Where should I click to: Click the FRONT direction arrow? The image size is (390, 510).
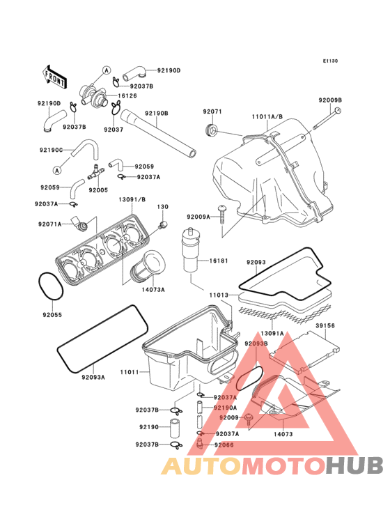pyautogui.click(x=55, y=76)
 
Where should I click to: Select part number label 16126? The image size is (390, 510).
pyautogui.click(x=127, y=96)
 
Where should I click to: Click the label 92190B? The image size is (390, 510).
pyautogui.click(x=156, y=113)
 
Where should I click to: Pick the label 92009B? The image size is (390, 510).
pyautogui.click(x=330, y=100)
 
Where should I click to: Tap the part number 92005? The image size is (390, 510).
pyautogui.click(x=97, y=190)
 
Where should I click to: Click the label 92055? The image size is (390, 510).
pyautogui.click(x=51, y=315)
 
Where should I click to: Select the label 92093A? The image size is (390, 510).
pyautogui.click(x=93, y=377)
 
